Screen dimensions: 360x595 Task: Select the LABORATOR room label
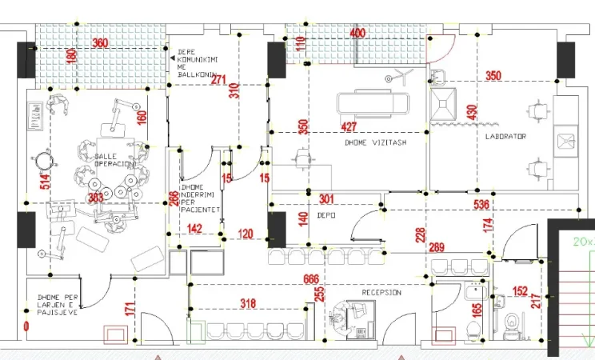(505, 137)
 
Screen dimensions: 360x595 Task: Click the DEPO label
(325, 216)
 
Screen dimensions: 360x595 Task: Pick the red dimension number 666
(312, 279)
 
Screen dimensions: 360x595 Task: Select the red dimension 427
(349, 126)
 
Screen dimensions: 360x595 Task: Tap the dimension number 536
(481, 205)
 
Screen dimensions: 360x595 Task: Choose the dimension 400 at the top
(358, 34)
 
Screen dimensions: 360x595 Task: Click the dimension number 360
(100, 43)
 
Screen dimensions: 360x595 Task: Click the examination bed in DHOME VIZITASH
(372, 102)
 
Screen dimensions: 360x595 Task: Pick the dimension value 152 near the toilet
(520, 292)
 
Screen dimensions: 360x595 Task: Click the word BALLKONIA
(194, 78)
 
